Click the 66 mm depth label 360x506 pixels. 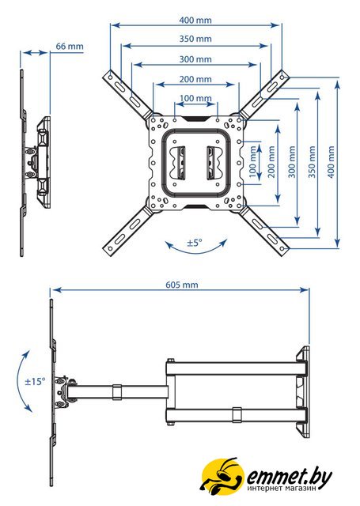(70, 46)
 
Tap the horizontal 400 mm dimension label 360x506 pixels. (195, 20)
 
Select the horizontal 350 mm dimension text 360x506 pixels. (195, 39)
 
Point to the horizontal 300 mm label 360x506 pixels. (195, 59)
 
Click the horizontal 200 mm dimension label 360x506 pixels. (195, 79)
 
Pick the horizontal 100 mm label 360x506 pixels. (195, 98)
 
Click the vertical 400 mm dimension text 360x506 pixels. (331, 161)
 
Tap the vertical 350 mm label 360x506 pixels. (312, 161)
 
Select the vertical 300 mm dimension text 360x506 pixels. (291, 161)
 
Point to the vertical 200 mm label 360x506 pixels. (271, 161)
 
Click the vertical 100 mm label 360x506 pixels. (252, 161)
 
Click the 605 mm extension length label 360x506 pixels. (182, 285)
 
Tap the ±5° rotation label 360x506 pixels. (195, 242)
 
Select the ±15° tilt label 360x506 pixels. (35, 381)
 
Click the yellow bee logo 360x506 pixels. (222, 476)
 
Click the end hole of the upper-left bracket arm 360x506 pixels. (111, 77)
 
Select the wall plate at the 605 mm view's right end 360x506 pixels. (303, 391)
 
